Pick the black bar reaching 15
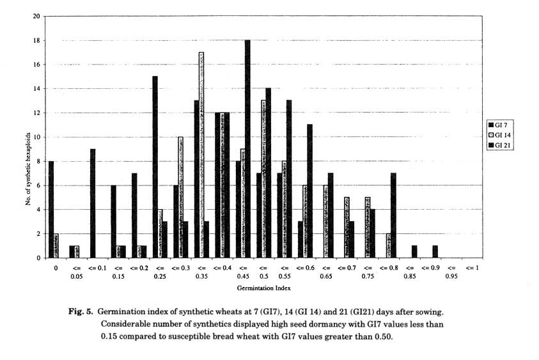pos(155,167)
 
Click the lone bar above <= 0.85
pos(414,251)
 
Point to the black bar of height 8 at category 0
pos(51,209)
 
